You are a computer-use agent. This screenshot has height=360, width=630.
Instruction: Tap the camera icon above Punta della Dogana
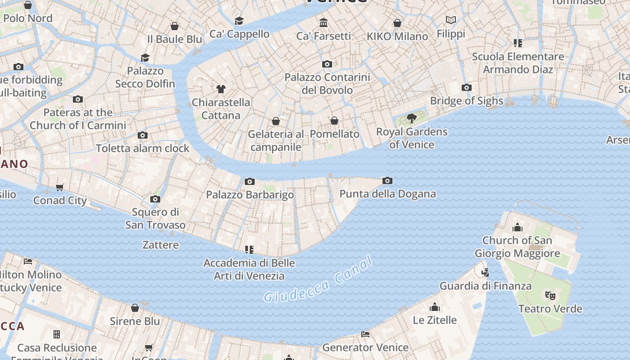coord(387,181)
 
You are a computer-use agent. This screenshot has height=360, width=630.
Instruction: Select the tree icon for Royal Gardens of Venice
coord(411,118)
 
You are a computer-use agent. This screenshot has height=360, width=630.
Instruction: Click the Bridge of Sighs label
coord(467,100)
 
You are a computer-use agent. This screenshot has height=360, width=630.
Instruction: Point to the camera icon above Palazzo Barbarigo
coord(250,182)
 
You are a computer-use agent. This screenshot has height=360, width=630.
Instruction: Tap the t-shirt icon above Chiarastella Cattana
coord(220,89)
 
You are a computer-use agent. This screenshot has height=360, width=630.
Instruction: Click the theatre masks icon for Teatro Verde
coord(550,296)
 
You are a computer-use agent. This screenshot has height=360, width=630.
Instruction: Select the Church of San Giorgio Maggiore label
coord(517,247)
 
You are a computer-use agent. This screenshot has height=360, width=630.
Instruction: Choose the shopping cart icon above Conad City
coord(60,187)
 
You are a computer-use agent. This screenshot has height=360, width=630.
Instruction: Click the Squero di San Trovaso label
coord(155,218)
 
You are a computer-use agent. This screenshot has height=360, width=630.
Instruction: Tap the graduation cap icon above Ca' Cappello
coord(239,21)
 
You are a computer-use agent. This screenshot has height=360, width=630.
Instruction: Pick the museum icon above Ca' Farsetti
coord(324,22)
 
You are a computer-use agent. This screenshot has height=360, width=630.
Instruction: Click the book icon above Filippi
coord(451,20)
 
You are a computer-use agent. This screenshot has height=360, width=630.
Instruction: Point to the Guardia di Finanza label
coord(485,286)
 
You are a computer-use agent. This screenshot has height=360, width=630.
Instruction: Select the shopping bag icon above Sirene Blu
coord(135,308)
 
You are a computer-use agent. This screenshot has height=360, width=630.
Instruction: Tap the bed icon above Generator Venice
coord(365,334)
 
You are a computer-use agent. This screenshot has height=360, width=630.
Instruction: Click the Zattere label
coord(161,245)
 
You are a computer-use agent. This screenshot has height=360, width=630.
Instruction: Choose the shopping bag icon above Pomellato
coord(334,121)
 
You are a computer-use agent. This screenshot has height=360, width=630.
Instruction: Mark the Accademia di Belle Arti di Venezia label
coord(249,269)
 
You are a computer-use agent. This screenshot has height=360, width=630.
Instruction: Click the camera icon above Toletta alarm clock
coord(143,135)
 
